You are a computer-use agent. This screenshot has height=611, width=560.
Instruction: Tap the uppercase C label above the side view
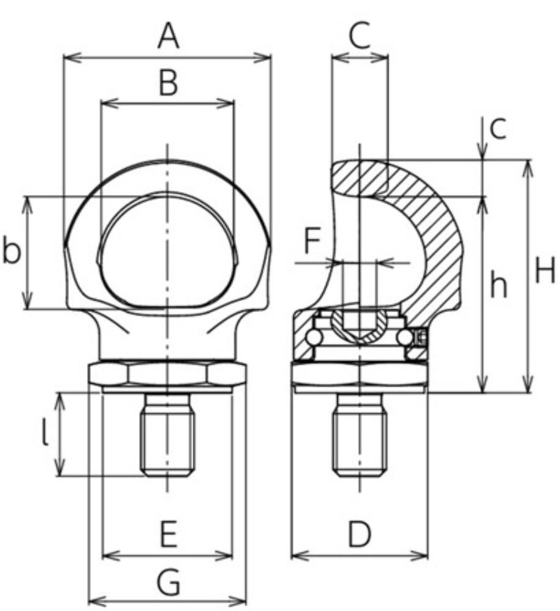click(360, 35)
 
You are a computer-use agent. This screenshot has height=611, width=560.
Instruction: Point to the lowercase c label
click(499, 129)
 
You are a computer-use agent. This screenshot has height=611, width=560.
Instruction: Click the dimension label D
click(360, 535)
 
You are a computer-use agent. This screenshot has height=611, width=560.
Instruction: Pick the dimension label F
click(313, 242)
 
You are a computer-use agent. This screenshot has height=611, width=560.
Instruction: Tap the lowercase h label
click(499, 285)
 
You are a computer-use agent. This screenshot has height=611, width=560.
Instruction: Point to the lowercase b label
click(10, 251)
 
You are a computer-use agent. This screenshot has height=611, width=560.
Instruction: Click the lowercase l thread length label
click(44, 434)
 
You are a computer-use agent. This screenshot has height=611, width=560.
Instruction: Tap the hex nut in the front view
click(168, 374)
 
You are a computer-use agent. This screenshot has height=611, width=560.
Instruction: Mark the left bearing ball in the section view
click(315, 337)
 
